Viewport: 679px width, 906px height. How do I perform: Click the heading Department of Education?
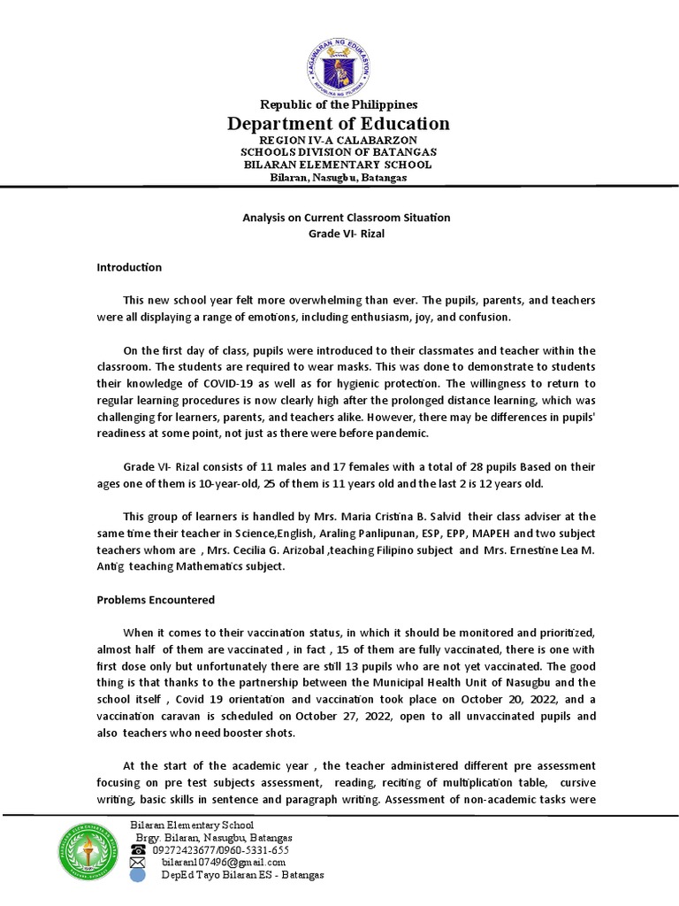click(339, 124)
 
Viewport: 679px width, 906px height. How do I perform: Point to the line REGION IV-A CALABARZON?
click(339, 141)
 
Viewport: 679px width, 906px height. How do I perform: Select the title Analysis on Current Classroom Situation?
click(347, 218)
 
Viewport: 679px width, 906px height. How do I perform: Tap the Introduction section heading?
click(129, 267)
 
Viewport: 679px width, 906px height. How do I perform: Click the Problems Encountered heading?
click(156, 599)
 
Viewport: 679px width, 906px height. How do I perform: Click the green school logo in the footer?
click(87, 852)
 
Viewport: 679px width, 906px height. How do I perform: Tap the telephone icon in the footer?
click(138, 850)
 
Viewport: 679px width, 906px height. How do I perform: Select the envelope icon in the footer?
click(138, 863)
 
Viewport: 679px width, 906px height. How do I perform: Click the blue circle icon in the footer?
click(138, 875)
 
